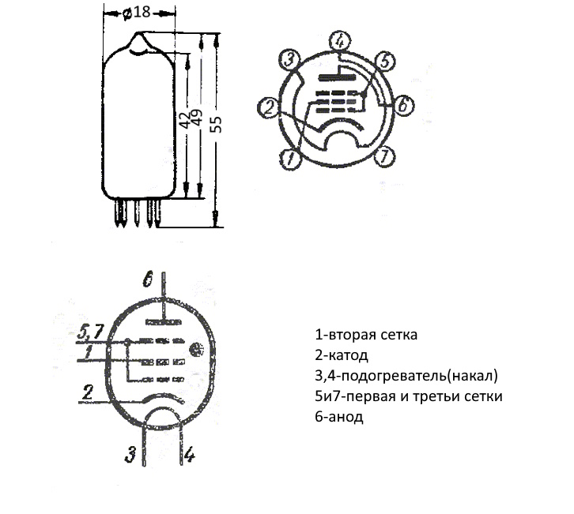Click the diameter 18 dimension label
point(137,13)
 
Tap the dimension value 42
point(187,118)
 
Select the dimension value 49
point(197,118)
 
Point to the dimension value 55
point(217,124)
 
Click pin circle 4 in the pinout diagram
point(339,41)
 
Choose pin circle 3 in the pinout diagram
point(289,59)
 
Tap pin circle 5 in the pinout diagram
point(385,61)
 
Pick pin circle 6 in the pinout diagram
point(402,105)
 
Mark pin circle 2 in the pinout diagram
point(269,109)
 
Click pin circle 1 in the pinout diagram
point(290,159)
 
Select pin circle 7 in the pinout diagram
point(385,156)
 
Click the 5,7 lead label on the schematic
point(89,332)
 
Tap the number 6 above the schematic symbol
point(147,280)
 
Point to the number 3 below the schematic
point(130,455)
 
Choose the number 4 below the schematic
point(190,455)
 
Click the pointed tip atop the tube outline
point(139,33)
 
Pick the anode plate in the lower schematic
point(164,322)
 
